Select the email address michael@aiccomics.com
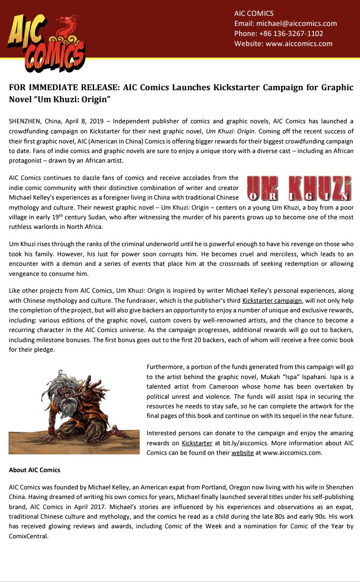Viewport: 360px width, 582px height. pyautogui.click(x=297, y=24)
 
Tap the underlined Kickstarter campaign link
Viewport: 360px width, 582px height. pyautogui.click(x=272, y=301)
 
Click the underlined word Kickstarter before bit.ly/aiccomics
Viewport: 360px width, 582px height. pyautogui.click(x=197, y=442)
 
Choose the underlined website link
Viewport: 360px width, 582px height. pyautogui.click(x=242, y=452)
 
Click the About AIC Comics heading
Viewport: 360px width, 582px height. pyautogui.click(x=35, y=470)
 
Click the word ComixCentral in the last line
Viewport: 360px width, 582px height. pyautogui.click(x=29, y=536)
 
